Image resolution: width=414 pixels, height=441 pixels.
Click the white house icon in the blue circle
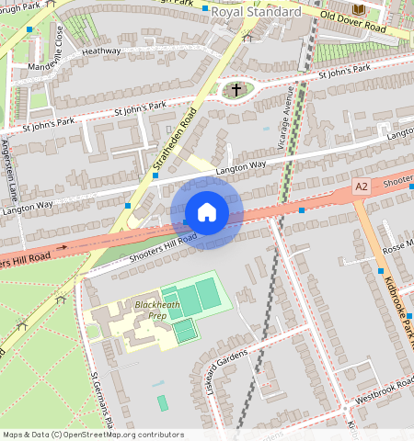pos(207,212)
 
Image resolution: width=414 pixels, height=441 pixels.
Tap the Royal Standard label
pos(256,12)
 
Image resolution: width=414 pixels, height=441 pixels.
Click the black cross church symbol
pos(236,90)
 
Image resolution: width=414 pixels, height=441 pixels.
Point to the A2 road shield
pos(362,187)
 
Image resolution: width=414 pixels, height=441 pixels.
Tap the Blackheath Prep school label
pos(152,310)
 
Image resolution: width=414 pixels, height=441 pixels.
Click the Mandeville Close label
pos(59,51)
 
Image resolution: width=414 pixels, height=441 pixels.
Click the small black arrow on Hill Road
pos(62,247)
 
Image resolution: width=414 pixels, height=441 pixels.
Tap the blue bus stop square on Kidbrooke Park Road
pos(381,270)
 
